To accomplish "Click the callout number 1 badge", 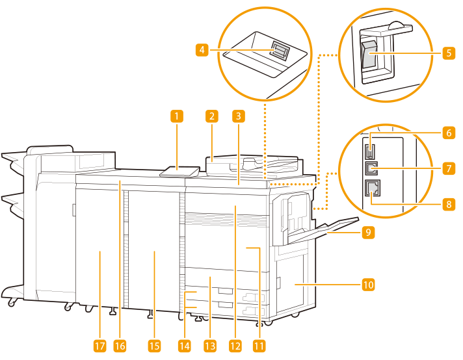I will (176, 117).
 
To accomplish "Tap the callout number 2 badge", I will (211, 117).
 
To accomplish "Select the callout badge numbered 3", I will (239, 117).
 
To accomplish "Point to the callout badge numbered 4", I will (203, 49).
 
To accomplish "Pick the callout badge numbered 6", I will (449, 133).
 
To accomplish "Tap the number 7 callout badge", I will (449, 168).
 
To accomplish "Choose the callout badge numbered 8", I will (449, 203).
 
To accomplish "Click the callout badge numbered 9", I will (369, 231).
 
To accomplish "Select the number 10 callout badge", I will (369, 284).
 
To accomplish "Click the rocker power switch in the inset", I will (369, 55).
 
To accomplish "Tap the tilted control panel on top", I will (179, 172).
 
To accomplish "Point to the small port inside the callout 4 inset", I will (280, 51).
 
